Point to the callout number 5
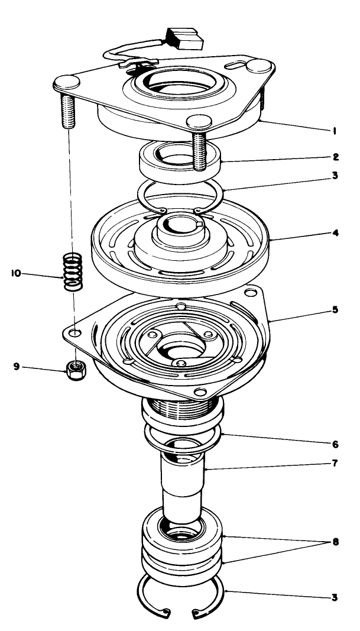point(335,310)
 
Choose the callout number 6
point(335,442)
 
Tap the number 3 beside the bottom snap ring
point(335,598)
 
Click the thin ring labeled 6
point(182,436)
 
